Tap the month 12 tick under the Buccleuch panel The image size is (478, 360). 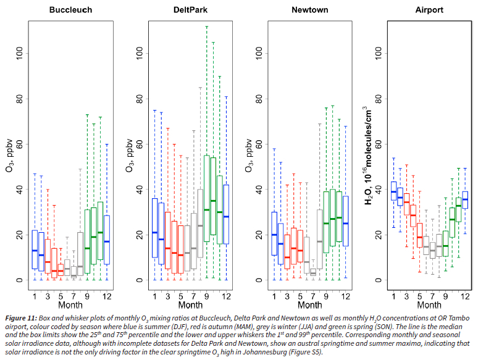point(106,296)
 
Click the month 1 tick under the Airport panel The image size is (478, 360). point(393,296)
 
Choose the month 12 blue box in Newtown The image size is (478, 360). point(345,220)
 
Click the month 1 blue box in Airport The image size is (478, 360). point(393,191)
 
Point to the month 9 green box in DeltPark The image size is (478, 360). point(206,198)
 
